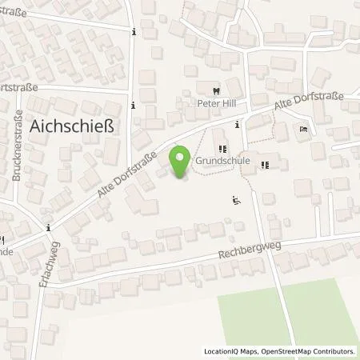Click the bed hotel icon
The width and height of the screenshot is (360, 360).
304,130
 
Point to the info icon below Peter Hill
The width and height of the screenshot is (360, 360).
238,125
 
